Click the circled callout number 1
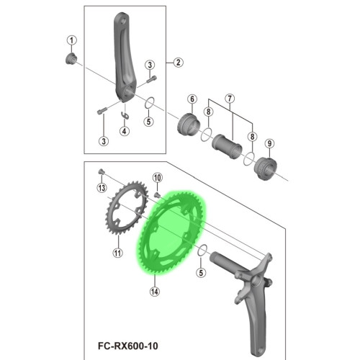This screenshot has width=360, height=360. (71, 39)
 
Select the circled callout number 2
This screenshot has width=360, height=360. (176, 63)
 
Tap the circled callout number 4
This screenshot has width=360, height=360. (125, 131)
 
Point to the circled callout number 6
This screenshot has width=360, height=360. (192, 99)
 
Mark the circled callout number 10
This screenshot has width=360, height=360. (156, 177)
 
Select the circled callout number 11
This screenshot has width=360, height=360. (117, 253)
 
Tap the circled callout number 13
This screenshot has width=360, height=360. (102, 188)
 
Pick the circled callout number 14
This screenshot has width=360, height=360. (154, 292)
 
